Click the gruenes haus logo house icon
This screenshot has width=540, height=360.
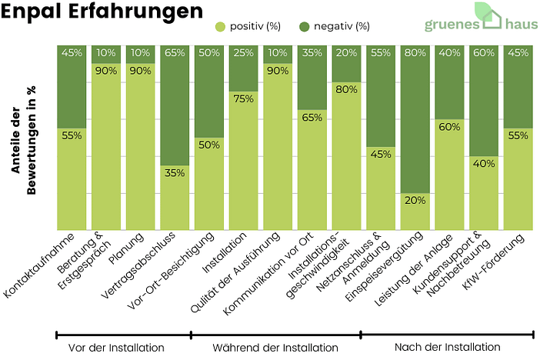[x=486, y=15]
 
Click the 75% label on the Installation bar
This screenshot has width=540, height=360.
[x=243, y=98]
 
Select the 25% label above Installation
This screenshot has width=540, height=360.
[x=243, y=53]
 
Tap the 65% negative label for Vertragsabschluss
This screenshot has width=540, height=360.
[x=174, y=53]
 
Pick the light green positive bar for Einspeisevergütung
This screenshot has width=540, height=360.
[x=415, y=212]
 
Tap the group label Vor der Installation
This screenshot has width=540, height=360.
[x=116, y=348]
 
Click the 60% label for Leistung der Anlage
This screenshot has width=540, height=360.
[x=449, y=126]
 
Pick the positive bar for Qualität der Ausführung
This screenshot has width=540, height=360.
[x=277, y=146]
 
